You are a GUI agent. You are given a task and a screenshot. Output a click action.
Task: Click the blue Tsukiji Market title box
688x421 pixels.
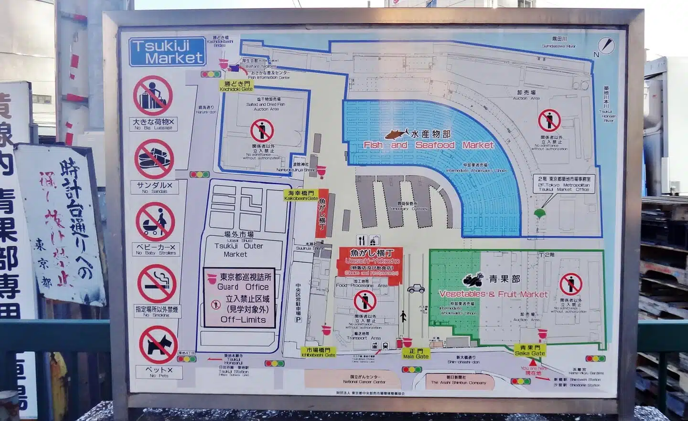(167, 52)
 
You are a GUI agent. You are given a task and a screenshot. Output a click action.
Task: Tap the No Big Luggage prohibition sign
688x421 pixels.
(153, 95)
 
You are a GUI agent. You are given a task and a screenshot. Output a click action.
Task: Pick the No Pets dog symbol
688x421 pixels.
(158, 345)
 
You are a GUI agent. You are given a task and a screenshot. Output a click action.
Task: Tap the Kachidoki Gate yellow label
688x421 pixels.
(236, 86)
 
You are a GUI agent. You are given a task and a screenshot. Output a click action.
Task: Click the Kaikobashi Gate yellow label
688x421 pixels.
(301, 196)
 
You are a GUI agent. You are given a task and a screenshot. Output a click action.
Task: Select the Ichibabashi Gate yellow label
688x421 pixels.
(318, 352)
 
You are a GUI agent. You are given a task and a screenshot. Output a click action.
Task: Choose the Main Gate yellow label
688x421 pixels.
(416, 354)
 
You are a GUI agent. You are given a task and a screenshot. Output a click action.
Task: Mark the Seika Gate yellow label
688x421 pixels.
(530, 351)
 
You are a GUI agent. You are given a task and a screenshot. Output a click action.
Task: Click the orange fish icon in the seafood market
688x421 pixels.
(397, 133)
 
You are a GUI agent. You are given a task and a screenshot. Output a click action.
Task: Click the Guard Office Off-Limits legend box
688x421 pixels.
(239, 297)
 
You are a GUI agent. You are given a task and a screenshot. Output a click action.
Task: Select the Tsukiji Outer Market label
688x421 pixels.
(239, 246)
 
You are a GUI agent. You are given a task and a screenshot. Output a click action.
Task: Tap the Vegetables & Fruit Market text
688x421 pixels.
(493, 294)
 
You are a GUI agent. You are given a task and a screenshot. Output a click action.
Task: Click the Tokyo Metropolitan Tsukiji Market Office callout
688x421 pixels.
(564, 184)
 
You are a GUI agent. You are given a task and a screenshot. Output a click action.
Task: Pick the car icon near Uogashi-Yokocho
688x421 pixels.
(416, 289)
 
